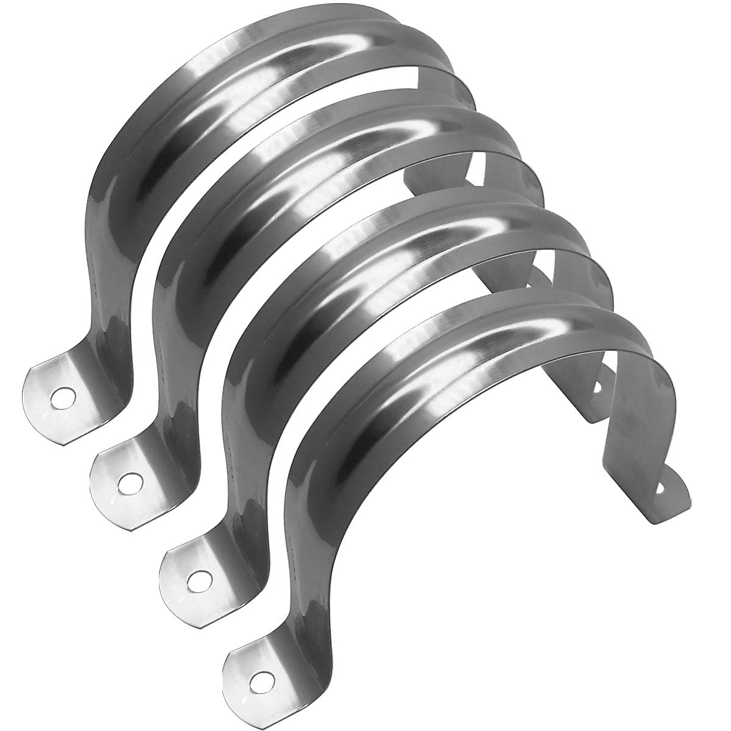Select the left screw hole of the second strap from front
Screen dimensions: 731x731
tap(196, 581)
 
